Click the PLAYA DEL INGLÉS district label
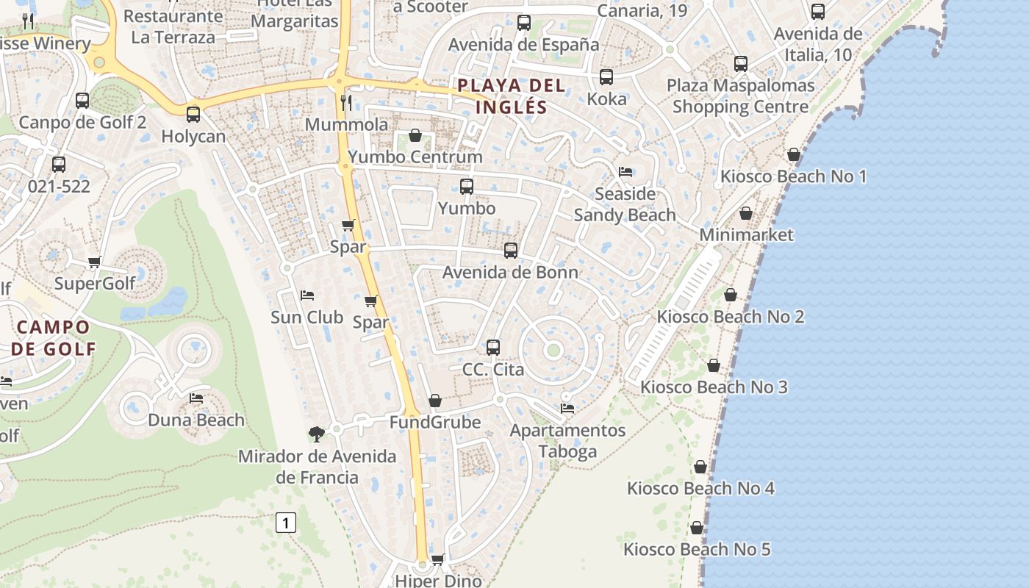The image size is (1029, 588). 512,96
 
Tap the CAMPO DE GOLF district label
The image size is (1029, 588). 53,337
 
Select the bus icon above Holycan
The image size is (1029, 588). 193,115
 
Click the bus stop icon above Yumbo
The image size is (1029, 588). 466,187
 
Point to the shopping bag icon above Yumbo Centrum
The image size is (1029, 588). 415,135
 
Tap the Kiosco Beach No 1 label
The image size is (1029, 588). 793,176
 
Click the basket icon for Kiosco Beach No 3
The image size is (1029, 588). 714,365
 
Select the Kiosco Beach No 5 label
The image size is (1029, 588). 697,549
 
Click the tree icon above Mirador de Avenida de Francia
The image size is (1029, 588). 317,434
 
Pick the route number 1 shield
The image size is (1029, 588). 286,523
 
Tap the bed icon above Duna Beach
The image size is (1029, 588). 196,398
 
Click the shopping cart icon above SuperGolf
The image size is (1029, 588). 95,262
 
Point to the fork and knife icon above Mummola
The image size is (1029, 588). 347,102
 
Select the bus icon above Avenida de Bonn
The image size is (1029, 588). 511,251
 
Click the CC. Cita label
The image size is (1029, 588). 493,369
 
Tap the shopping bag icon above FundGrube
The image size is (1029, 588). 435,401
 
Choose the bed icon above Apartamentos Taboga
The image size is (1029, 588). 567,409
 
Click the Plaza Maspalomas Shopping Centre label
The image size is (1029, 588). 740,96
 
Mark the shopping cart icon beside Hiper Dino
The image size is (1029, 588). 438,560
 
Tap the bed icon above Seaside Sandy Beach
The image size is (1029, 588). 625,172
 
